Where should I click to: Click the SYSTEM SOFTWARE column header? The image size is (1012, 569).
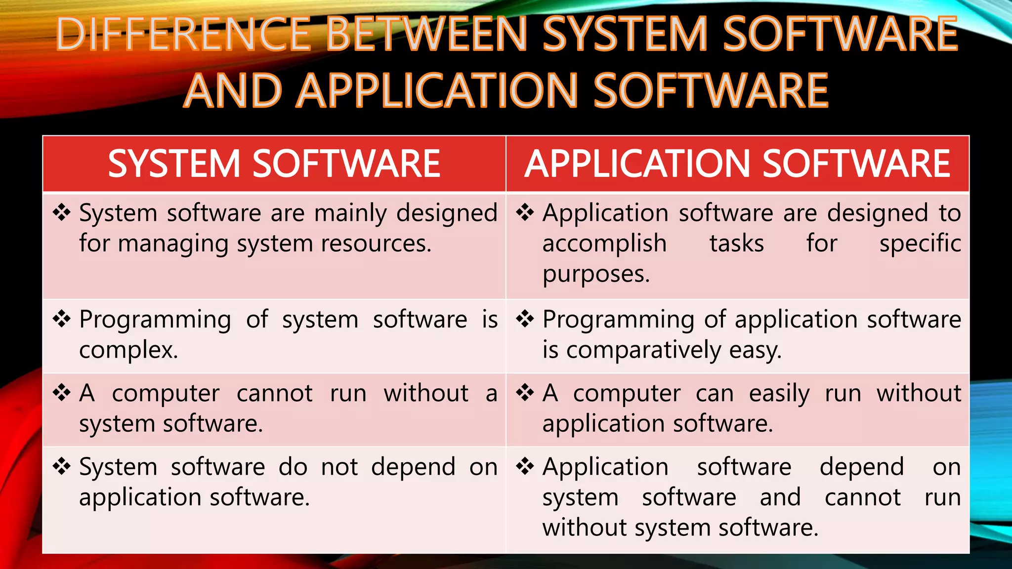click(274, 164)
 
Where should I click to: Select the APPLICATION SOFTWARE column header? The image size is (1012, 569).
click(737, 164)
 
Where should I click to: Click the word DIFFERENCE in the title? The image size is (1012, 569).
click(183, 35)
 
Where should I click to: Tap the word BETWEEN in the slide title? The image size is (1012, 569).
click(427, 35)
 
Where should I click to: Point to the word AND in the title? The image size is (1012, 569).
click(232, 91)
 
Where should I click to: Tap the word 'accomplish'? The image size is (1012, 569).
click(604, 244)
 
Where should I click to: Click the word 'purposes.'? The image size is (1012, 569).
click(596, 275)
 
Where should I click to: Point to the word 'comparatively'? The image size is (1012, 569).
click(644, 351)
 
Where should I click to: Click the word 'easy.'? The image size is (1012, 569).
click(755, 351)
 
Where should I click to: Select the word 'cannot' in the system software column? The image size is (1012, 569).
click(274, 394)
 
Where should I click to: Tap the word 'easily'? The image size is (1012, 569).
click(779, 394)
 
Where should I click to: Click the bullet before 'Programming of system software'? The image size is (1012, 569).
click(62, 319)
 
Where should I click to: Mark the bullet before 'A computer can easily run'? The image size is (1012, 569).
click(525, 393)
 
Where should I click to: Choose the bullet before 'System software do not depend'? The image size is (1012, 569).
click(62, 466)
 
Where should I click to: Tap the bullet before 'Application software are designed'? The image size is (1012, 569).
click(525, 212)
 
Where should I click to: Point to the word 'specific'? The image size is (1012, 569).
click(920, 244)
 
